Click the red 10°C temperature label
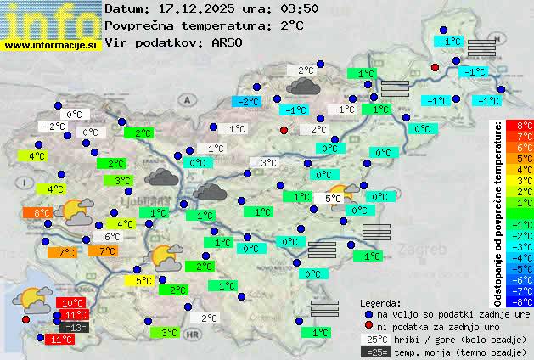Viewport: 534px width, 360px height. click(73, 303)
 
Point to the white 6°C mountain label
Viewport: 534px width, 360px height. click(111, 237)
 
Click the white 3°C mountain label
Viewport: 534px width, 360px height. click(268, 163)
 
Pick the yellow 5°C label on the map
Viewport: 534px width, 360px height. click(143, 280)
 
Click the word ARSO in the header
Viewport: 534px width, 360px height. click(226, 42)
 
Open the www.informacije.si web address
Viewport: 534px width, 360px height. click(51, 44)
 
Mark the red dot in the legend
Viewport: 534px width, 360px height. click(368, 326)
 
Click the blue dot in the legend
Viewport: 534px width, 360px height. click(368, 314)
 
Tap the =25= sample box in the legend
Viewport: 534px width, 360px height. click(376, 352)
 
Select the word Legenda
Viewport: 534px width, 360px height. click(380, 302)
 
